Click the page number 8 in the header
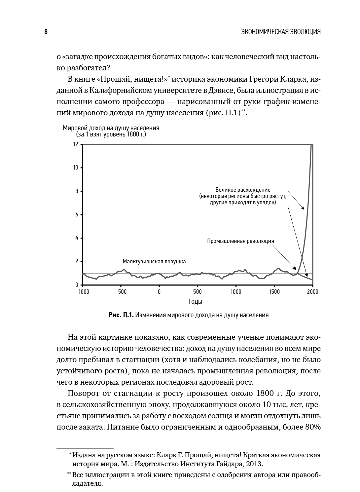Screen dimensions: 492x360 46,32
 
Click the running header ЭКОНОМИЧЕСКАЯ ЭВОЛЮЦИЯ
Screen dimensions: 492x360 281,32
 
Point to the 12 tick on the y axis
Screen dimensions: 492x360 76,144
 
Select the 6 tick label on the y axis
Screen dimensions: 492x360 76,215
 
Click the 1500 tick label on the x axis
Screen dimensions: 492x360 274,292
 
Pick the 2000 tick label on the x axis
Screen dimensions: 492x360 312,292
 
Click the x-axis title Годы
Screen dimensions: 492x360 196,301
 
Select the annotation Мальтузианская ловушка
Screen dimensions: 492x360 154,261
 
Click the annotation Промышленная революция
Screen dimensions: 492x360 240,241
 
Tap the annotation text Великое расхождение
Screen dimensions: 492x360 243,190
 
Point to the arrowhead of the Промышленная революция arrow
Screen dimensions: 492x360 296,269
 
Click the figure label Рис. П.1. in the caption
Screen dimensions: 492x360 121,315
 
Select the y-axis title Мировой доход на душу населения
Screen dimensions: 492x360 111,128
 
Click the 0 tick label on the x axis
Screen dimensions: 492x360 159,292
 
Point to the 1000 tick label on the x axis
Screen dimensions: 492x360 236,292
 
